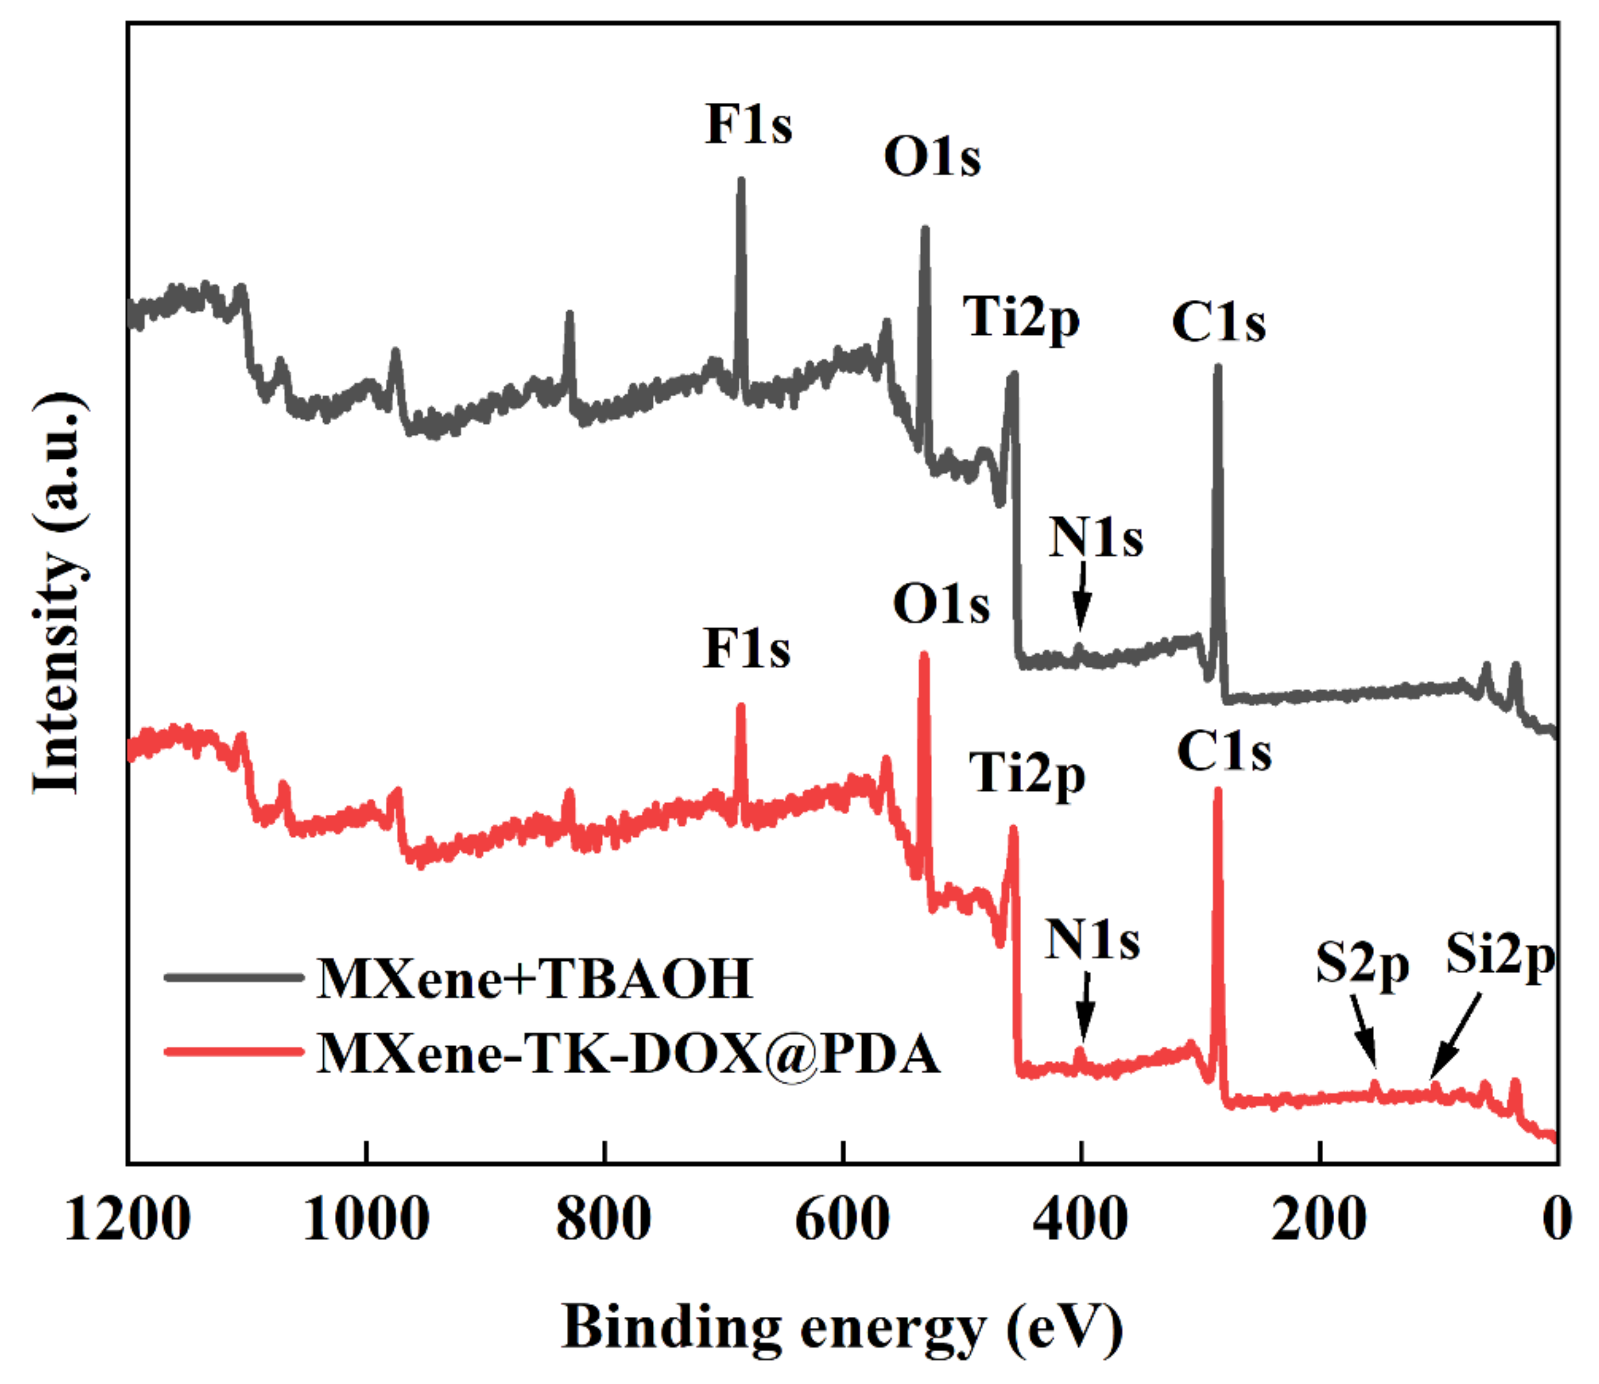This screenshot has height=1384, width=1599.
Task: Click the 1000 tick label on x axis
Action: tap(366, 1221)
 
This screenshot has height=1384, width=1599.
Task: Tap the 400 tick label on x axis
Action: tap(1081, 1221)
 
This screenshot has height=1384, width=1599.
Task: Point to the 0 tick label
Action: tap(1556, 1221)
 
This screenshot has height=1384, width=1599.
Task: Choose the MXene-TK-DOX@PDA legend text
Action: tap(628, 1053)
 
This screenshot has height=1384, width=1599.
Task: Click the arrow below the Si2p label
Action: tap(1455, 1037)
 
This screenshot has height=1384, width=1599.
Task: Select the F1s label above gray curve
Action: tap(748, 124)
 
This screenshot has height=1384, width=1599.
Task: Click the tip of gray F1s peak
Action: tap(741, 180)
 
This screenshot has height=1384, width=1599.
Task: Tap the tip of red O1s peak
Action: tap(923, 655)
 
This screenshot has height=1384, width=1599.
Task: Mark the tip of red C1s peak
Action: tap(1217, 790)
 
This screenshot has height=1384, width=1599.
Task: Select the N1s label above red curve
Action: tap(1092, 941)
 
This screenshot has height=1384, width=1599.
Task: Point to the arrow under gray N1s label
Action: tap(1082, 597)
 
